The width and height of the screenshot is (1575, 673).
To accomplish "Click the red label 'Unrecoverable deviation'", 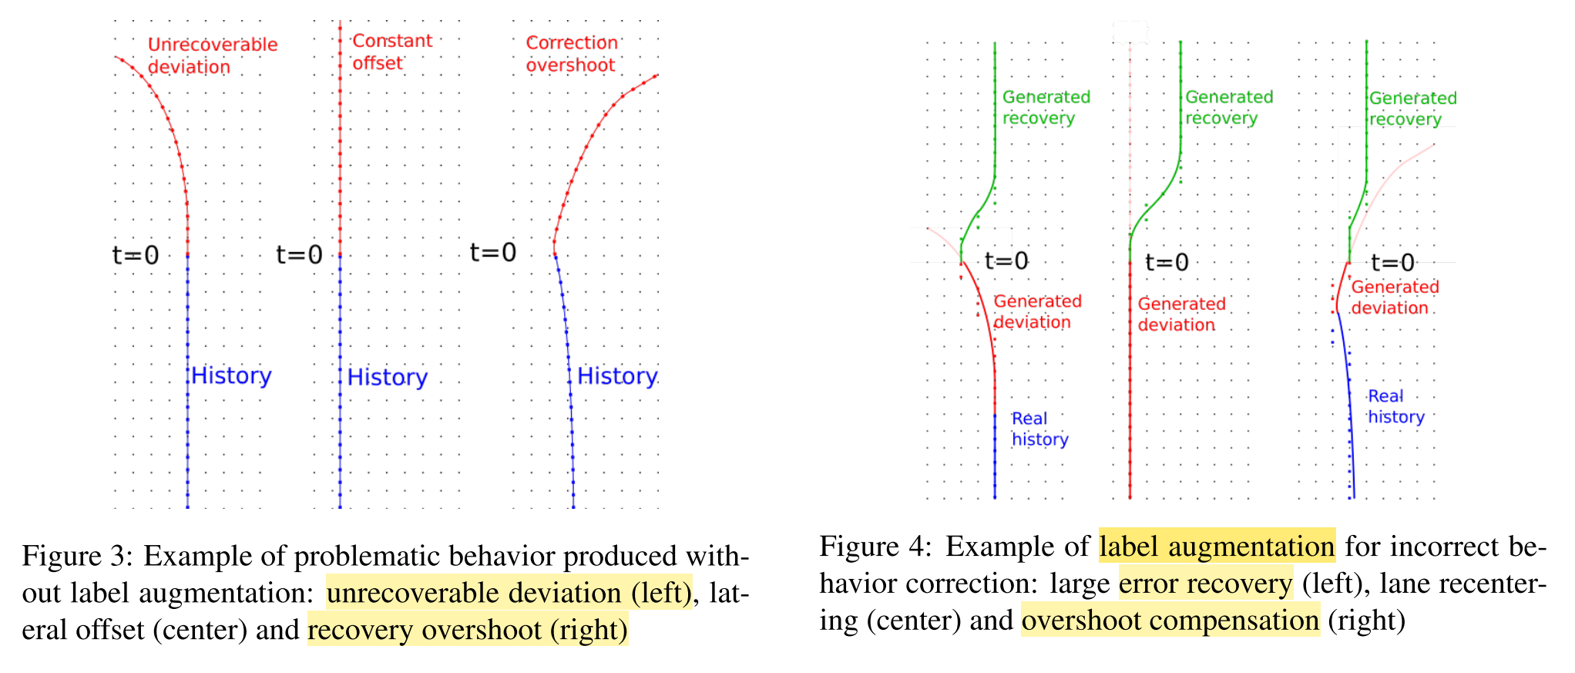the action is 212,56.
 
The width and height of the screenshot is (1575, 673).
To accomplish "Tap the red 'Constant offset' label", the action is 391,52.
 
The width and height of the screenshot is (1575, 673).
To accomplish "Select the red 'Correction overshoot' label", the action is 572,54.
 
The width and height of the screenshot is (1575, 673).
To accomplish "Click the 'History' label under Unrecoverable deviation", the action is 231,375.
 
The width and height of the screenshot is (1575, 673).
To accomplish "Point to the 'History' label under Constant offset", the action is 387,377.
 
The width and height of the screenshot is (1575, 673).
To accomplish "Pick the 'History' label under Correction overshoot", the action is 617,376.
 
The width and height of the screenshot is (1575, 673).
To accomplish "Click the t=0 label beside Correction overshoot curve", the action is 493,252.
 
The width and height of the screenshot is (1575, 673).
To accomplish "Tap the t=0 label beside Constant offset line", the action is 299,254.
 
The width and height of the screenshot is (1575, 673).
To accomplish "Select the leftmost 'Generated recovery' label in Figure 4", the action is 1046,107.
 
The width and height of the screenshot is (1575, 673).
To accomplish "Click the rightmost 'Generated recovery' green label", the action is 1412,109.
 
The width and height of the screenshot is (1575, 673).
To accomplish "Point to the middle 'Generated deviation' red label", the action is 1181,314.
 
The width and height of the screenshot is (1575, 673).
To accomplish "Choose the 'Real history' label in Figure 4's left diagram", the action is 1039,429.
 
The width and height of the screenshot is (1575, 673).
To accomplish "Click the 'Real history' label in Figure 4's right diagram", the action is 1395,406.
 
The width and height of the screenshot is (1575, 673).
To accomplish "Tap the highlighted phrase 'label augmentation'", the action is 1217,546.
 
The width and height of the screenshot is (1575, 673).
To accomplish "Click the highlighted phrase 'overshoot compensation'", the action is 1170,620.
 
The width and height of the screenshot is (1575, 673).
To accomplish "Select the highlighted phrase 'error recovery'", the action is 1205,583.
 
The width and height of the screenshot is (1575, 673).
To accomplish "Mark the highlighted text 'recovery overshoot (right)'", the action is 468,630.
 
